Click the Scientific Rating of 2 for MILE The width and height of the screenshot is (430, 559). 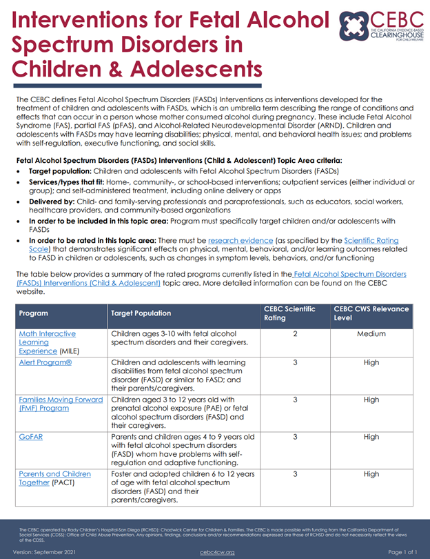click(294, 334)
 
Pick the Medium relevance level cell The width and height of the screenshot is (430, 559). click(371, 334)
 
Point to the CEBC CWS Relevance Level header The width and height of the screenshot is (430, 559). click(371, 313)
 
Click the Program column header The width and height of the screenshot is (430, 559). click(34, 313)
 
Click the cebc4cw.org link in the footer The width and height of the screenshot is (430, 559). click(217, 552)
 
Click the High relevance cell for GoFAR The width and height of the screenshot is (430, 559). click(371, 436)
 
